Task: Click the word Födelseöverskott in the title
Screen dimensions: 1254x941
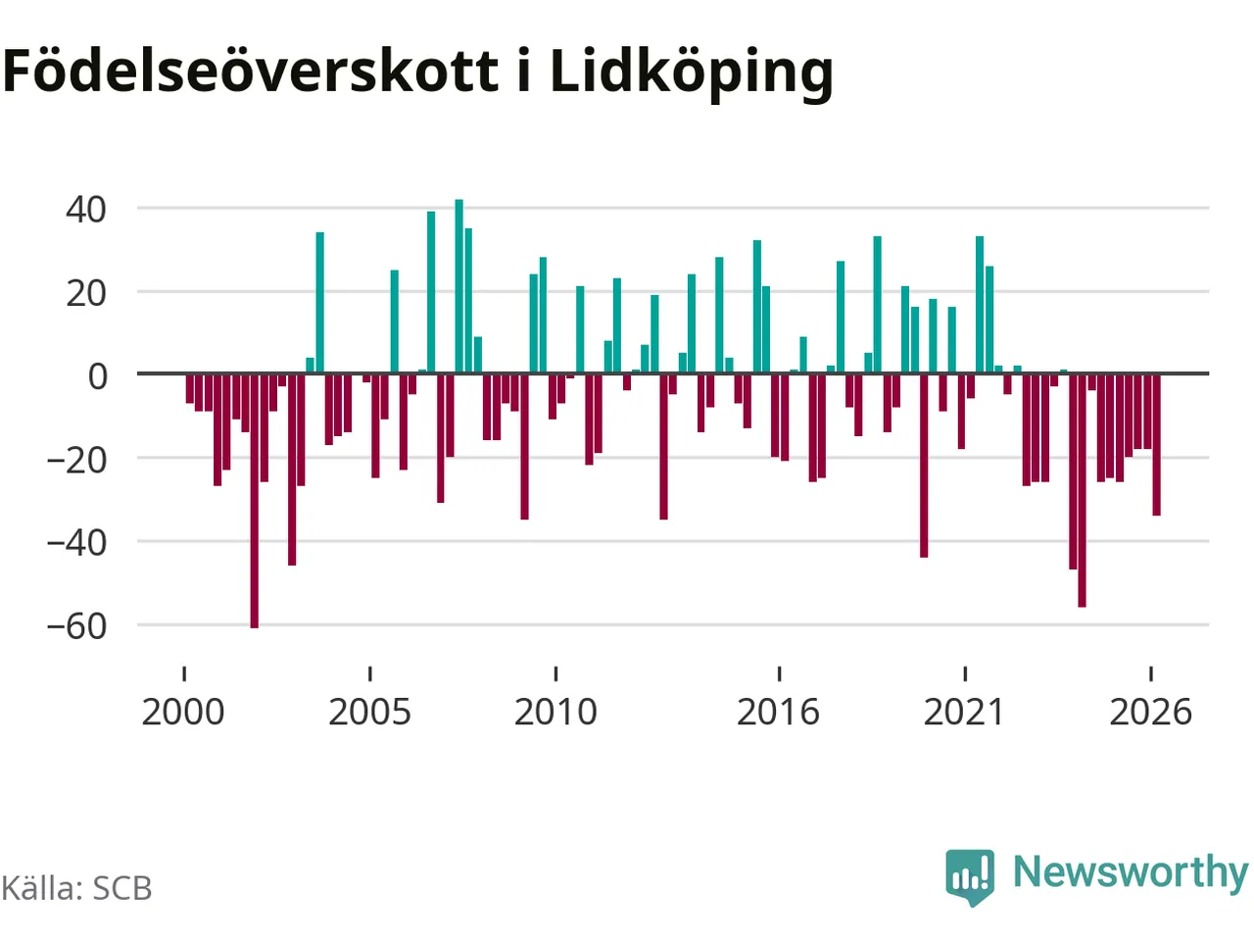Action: pos(250,71)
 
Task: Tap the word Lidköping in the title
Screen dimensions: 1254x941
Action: pos(692,74)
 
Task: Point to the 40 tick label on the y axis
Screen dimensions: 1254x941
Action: pos(85,210)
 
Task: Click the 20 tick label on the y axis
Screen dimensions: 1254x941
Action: pos(85,294)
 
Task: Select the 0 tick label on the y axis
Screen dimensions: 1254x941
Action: pos(97,376)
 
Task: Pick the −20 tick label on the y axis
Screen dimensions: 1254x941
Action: pos(76,461)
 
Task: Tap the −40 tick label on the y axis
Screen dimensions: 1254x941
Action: pos(76,543)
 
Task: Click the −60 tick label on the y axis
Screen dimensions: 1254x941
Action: pos(76,626)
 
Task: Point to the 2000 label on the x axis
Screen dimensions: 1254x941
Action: pos(183,712)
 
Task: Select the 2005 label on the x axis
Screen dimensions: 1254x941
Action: pos(369,712)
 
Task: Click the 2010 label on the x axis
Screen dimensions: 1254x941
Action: pos(555,712)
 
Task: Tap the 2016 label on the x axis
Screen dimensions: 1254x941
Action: pos(778,712)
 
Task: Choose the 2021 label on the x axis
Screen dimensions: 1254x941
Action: pos(964,712)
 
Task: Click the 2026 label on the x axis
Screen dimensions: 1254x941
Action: pos(1150,712)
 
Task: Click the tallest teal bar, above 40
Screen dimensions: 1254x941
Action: pos(458,286)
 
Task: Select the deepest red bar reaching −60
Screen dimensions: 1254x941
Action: pos(254,501)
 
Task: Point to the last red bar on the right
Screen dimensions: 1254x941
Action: pos(1156,444)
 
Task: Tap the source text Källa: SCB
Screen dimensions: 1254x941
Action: pos(76,888)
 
